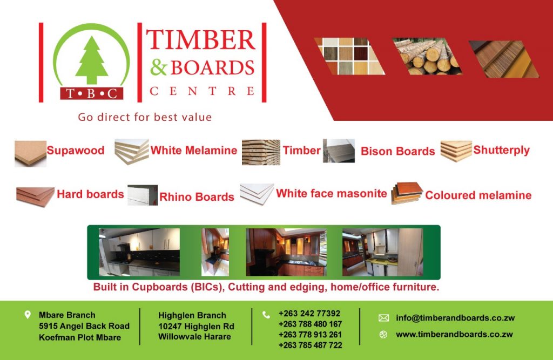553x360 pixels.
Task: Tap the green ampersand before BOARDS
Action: [x=158, y=67]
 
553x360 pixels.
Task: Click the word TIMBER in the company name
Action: [x=201, y=39]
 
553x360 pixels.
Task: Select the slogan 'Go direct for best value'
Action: [x=145, y=117]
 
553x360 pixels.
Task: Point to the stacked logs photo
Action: [x=427, y=57]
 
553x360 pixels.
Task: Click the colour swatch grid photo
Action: [x=349, y=56]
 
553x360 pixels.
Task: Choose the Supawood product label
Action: [x=76, y=150]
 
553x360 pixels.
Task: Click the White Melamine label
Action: [x=194, y=150]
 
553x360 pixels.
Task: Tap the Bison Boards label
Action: [x=397, y=151]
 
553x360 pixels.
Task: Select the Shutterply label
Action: [x=501, y=150]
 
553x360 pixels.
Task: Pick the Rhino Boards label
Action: [x=197, y=196]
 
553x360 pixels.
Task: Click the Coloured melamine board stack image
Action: [x=407, y=193]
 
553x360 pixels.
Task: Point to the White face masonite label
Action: [x=331, y=193]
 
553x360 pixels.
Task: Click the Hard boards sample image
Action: [x=35, y=196]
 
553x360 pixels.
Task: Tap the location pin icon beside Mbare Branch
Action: [x=28, y=315]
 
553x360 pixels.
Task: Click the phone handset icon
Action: [x=266, y=315]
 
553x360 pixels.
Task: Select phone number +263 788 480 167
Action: [x=310, y=324]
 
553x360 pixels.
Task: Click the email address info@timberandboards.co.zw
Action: [x=455, y=318]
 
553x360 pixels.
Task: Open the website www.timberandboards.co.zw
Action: [x=454, y=334]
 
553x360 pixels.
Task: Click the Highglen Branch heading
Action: [x=192, y=315]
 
